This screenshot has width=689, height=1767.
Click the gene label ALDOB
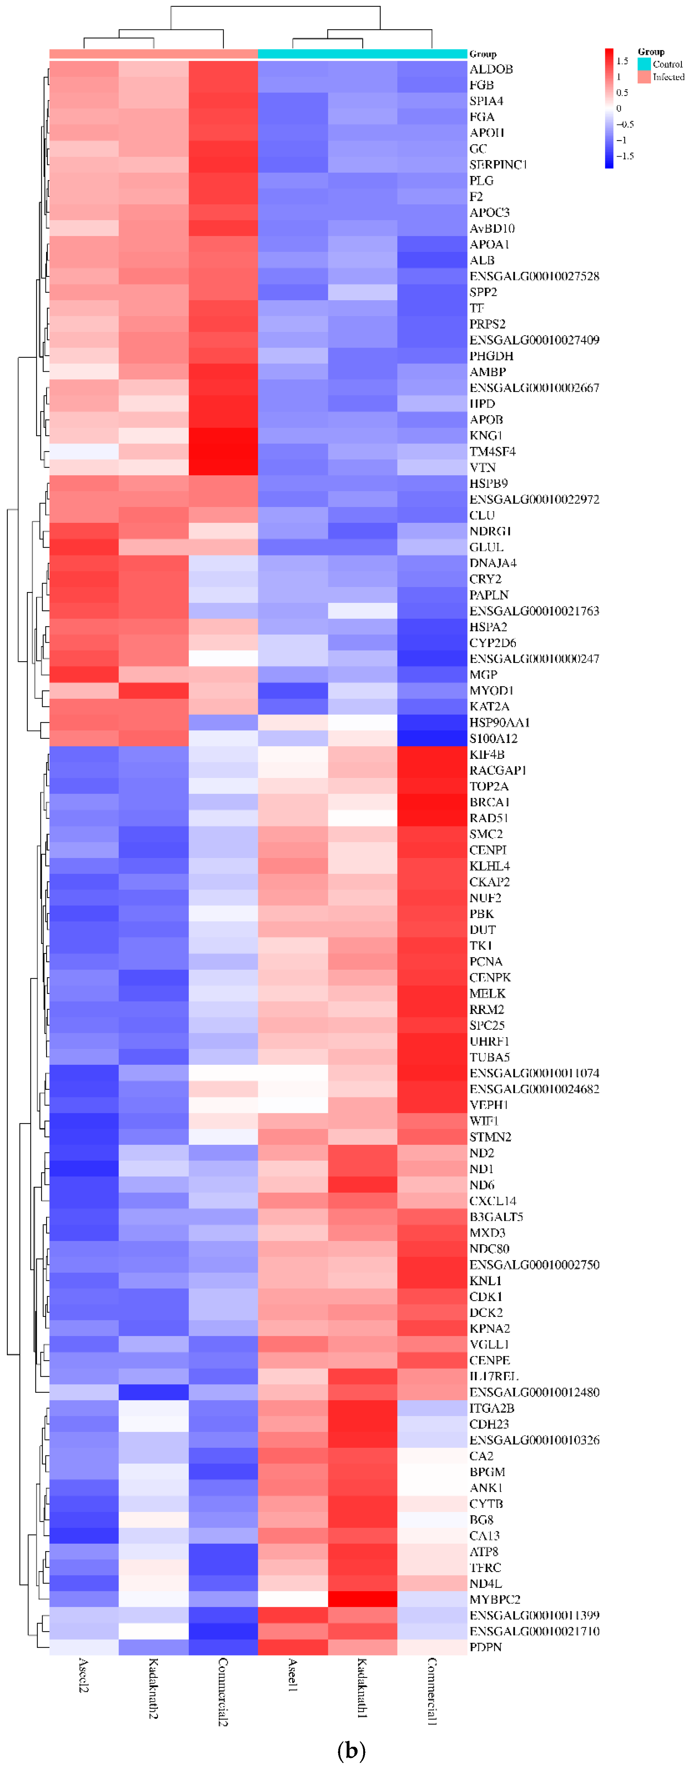[491, 69]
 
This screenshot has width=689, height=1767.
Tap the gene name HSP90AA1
[500, 722]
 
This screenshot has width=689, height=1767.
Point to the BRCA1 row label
[489, 802]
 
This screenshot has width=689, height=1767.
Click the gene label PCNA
[486, 961]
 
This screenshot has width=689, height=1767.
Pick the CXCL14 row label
[493, 1201]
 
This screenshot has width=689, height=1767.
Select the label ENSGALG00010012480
[534, 1392]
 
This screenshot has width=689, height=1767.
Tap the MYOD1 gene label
[491, 690]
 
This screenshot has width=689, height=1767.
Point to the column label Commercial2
[222, 1691]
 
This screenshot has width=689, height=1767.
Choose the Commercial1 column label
[432, 1691]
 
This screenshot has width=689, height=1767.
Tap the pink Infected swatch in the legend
[644, 77]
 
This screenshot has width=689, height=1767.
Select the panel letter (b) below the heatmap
[351, 1750]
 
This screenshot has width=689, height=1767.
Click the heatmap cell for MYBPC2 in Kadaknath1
[362, 1599]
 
